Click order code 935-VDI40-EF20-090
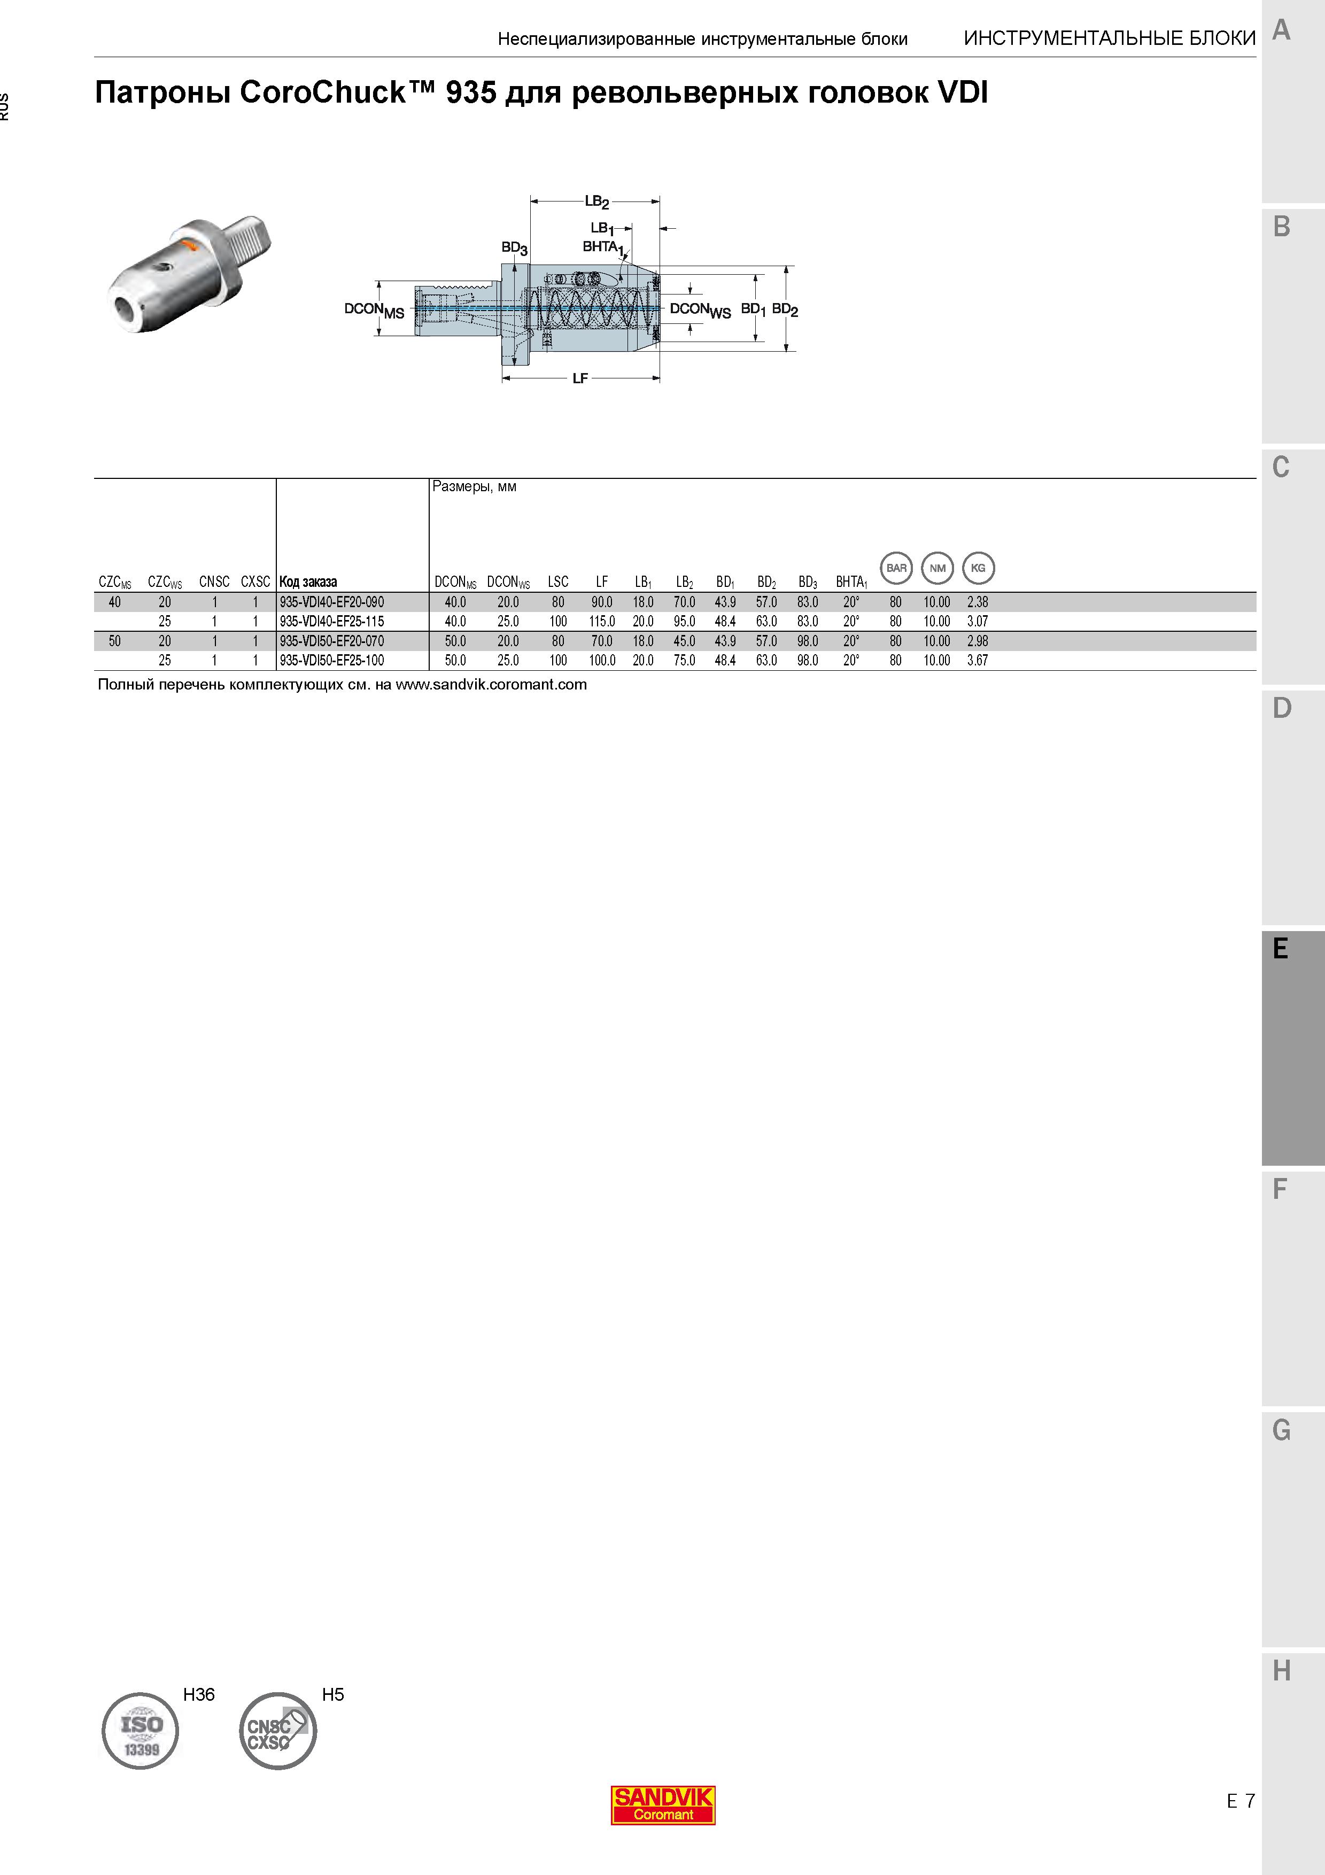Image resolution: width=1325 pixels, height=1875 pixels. pyautogui.click(x=331, y=602)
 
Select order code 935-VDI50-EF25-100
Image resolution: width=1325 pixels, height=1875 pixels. pyautogui.click(x=331, y=661)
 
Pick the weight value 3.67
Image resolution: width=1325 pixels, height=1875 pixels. pyautogui.click(x=977, y=661)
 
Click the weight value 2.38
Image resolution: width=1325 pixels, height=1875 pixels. pyautogui.click(x=977, y=602)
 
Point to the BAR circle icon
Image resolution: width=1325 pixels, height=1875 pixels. pyautogui.click(x=896, y=568)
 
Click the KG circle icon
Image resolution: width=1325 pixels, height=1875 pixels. pyautogui.click(x=978, y=568)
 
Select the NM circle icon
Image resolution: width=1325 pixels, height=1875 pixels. pyautogui.click(x=937, y=568)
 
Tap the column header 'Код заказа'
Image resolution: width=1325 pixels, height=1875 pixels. pyautogui.click(x=308, y=582)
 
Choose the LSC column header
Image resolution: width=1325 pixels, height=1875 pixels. pyautogui.click(x=559, y=582)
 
